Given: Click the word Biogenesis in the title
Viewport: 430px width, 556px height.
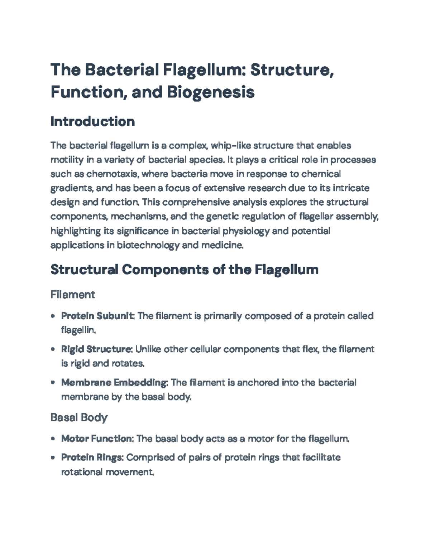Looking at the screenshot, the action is [x=210, y=92].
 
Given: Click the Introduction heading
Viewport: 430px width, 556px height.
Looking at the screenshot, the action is [x=92, y=121].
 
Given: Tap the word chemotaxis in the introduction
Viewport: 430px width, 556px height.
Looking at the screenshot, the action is [x=114, y=174].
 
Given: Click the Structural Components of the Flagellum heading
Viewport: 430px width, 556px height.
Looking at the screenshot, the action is [x=184, y=269].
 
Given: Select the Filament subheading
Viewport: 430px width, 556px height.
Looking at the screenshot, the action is [x=73, y=295].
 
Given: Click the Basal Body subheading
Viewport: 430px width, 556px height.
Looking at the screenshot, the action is [x=79, y=417].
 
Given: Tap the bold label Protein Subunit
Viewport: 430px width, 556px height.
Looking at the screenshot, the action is [x=98, y=316].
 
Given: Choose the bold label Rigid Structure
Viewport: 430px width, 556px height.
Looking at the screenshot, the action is [x=97, y=349].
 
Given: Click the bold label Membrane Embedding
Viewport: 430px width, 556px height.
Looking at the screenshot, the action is [x=114, y=382].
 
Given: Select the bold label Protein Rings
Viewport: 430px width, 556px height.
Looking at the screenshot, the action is [x=92, y=458].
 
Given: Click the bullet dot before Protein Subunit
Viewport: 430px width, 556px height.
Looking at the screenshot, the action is [x=53, y=316].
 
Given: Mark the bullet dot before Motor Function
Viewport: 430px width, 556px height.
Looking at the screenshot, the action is [x=53, y=439].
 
